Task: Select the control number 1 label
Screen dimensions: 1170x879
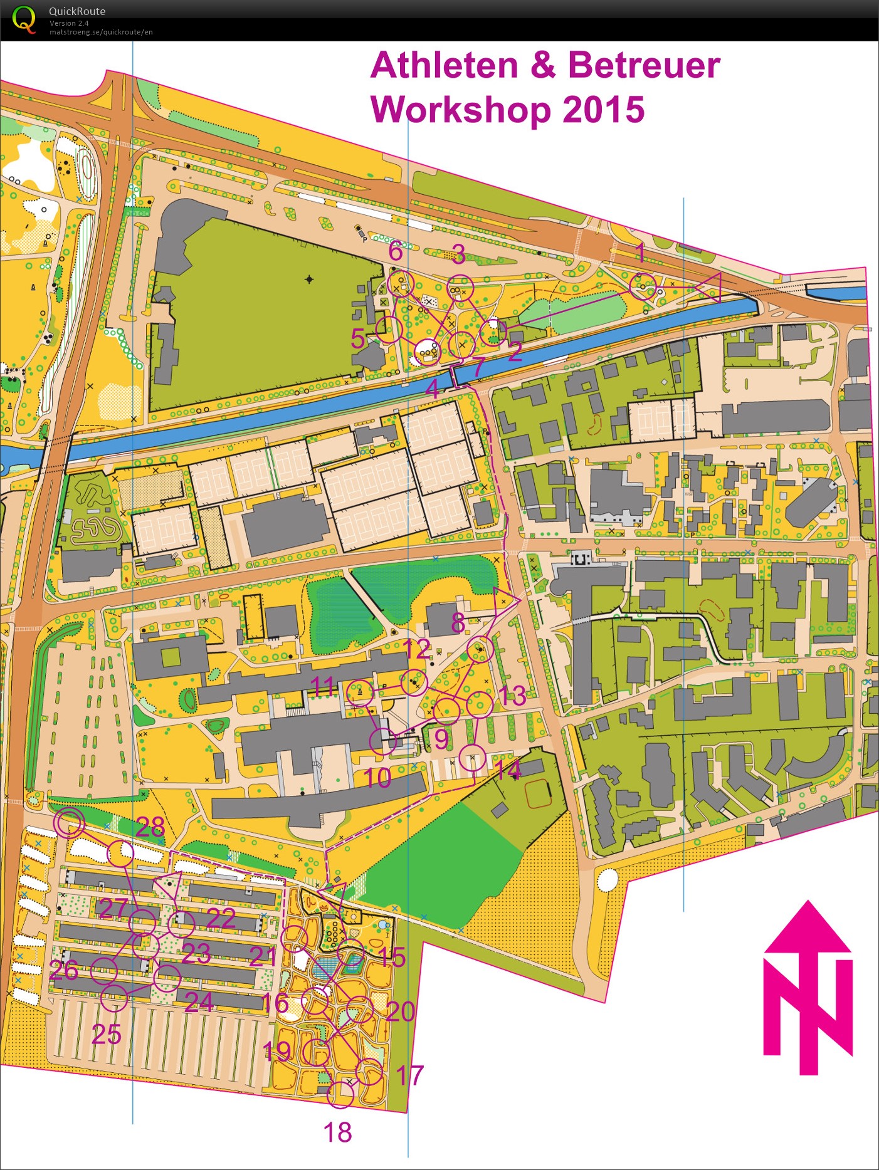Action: click(640, 253)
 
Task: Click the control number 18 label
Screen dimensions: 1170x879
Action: click(337, 1132)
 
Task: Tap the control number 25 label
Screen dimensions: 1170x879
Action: click(106, 1034)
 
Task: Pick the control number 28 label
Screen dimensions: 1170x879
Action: click(150, 827)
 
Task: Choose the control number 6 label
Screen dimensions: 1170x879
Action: click(396, 251)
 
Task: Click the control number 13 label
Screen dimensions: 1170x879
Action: click(512, 696)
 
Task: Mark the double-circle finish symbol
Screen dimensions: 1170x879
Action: click(69, 823)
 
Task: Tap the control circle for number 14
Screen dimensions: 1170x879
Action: click(472, 758)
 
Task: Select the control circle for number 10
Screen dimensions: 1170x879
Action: click(382, 741)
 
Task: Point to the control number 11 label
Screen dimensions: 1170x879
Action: click(323, 687)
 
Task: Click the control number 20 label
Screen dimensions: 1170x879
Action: click(400, 1011)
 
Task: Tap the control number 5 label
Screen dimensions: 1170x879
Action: click(357, 339)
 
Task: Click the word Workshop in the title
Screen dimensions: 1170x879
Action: click(461, 110)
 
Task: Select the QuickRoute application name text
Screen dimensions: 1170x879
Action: click(77, 11)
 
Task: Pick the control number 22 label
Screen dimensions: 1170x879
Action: click(221, 919)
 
